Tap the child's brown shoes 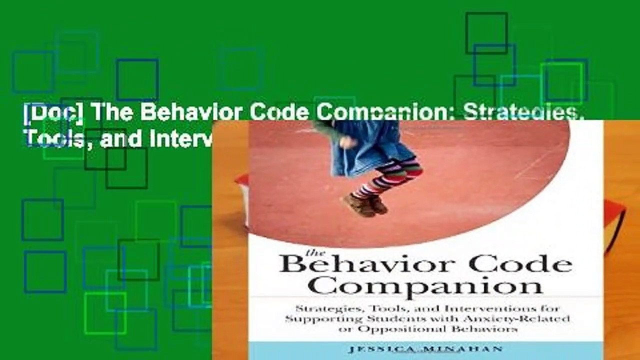tap(365, 204)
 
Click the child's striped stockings tap(387, 177)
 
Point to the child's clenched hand tap(345, 141)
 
